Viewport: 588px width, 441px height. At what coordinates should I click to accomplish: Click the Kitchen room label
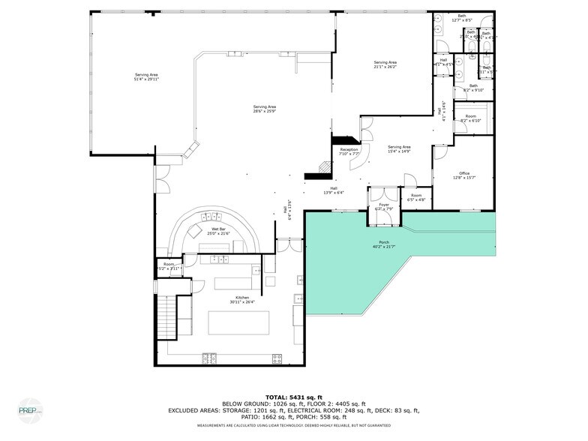(x=242, y=298)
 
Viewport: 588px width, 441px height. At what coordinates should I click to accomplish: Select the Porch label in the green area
(x=383, y=242)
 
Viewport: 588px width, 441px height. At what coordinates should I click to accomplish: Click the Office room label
(x=464, y=173)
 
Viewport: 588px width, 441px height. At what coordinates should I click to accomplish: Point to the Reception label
(x=349, y=150)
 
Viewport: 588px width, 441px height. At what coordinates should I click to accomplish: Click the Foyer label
(x=383, y=205)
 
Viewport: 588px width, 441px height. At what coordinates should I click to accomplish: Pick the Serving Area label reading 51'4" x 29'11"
(x=146, y=74)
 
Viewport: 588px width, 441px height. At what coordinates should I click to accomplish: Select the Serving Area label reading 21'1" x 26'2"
(x=385, y=62)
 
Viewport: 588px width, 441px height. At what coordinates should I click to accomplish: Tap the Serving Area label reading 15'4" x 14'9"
(x=399, y=147)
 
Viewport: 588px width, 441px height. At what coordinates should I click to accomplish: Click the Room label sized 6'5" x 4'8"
(x=416, y=196)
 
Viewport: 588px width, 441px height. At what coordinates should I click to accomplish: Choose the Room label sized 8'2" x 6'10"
(x=470, y=116)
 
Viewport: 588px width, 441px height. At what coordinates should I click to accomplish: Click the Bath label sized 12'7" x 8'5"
(x=461, y=16)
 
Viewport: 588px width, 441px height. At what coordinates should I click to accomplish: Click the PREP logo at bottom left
(x=31, y=409)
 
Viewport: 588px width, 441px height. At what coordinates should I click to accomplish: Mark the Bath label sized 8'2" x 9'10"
(x=473, y=85)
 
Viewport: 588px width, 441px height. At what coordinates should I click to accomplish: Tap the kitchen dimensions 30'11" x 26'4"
(x=242, y=303)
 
